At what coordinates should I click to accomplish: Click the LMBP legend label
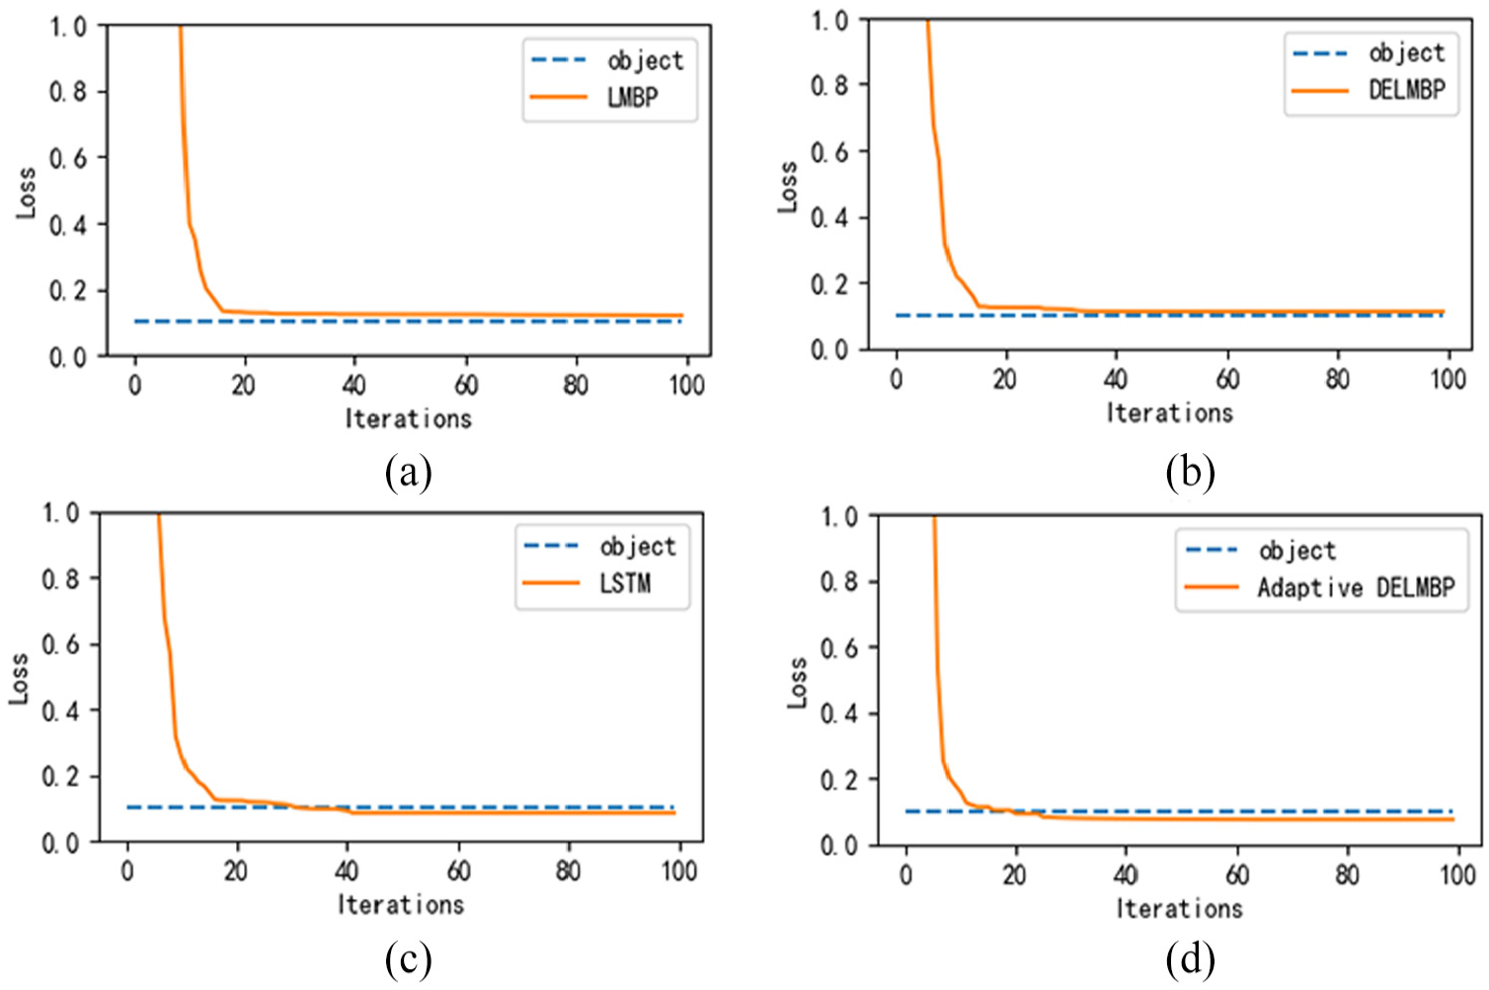[x=633, y=97]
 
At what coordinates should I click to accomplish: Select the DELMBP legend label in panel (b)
[x=1406, y=90]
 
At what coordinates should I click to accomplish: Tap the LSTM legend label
[x=625, y=583]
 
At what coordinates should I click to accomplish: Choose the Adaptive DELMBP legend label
[x=1356, y=588]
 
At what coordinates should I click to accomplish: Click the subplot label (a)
[x=408, y=473]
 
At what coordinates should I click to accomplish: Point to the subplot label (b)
[x=1190, y=473]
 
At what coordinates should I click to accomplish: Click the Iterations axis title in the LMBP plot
[x=408, y=419]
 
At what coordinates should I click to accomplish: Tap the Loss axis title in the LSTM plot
[x=19, y=678]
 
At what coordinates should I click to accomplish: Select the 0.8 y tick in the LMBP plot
[x=68, y=92]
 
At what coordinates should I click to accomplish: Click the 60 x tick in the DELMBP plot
[x=1227, y=379]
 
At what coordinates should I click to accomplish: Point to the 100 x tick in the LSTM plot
[x=678, y=871]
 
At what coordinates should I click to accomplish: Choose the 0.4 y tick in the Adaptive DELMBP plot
[x=838, y=713]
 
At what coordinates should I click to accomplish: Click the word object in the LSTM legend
[x=638, y=546]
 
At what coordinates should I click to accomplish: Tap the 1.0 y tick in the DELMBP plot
[x=829, y=21]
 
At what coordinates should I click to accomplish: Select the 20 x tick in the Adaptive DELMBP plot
[x=1014, y=875]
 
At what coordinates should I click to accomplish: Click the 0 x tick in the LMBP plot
[x=134, y=385]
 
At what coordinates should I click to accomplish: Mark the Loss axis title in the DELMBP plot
[x=787, y=187]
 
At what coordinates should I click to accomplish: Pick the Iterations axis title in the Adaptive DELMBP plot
[x=1179, y=908]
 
